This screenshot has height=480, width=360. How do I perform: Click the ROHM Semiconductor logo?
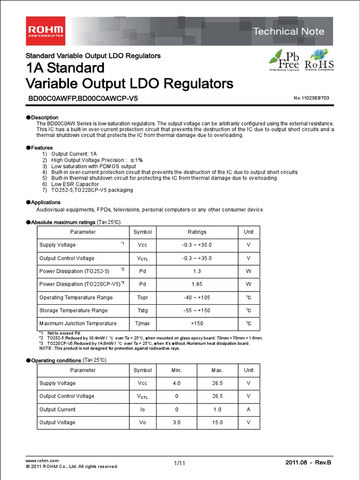point(45,32)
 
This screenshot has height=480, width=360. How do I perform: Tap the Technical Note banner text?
point(288,31)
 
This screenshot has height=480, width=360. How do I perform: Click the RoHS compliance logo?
point(319,60)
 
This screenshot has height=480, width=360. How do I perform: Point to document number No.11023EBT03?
point(311,98)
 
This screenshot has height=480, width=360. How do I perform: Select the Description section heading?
point(45,117)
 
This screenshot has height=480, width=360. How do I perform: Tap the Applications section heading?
point(45,202)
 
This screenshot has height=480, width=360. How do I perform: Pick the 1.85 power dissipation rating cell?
point(197,284)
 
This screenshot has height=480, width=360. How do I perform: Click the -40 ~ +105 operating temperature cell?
point(197,297)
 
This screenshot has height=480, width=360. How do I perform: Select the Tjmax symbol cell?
point(142,323)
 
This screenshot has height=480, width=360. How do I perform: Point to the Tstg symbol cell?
point(142,310)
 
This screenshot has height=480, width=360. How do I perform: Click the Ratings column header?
point(197,232)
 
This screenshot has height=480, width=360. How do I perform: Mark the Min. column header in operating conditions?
point(176,370)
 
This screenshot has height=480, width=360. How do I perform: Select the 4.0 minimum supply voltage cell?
point(176,383)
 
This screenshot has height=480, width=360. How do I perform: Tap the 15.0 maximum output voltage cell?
point(217,422)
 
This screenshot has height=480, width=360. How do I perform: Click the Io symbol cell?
point(142,409)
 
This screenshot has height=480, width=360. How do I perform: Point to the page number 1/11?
point(180,463)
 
